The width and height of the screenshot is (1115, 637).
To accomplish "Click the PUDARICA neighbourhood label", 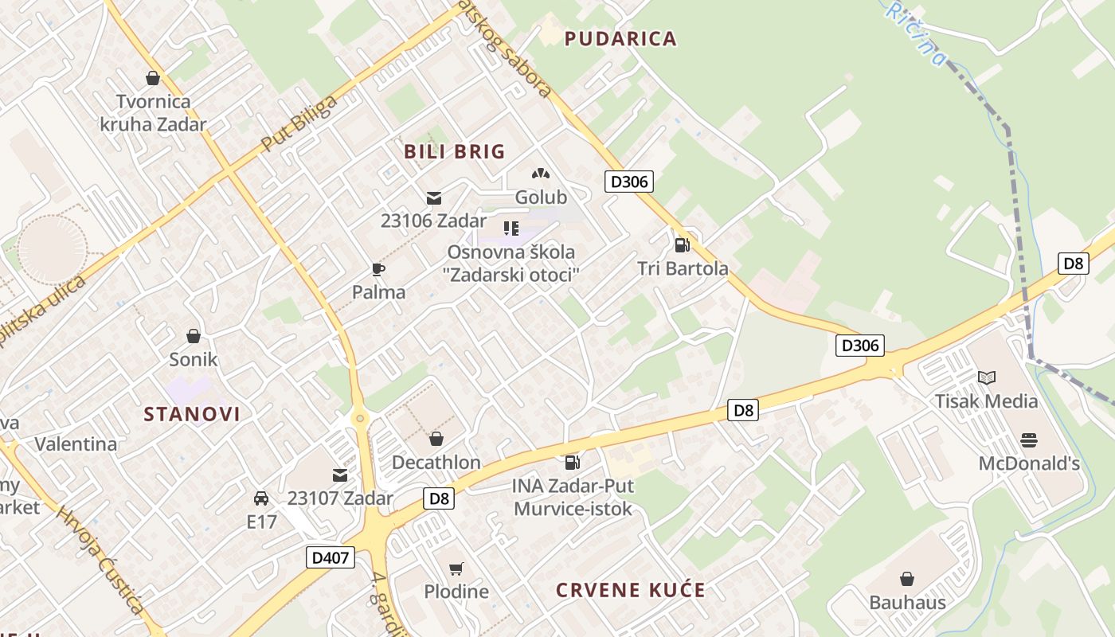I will (x=620, y=38).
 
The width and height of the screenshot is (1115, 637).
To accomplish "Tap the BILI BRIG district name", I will (x=455, y=151).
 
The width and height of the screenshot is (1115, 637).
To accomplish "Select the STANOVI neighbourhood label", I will (x=192, y=414).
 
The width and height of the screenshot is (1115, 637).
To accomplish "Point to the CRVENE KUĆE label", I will (x=631, y=590).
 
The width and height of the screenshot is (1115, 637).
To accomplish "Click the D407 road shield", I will (x=330, y=557).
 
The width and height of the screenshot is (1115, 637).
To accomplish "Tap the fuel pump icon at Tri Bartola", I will (x=682, y=245).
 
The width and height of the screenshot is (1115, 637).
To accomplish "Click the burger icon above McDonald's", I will (x=1028, y=440).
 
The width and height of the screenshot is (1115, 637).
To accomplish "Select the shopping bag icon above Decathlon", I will (x=436, y=439).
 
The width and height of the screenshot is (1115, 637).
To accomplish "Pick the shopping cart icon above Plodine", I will (x=456, y=569).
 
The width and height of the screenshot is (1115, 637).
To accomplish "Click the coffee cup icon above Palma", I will (x=378, y=269).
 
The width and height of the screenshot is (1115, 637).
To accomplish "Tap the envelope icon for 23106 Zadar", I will (x=433, y=198).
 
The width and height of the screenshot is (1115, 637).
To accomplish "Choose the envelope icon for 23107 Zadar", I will (x=340, y=475).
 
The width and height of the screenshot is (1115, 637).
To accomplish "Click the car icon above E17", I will (x=260, y=498).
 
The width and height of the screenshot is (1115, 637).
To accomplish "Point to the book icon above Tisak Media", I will (x=987, y=377).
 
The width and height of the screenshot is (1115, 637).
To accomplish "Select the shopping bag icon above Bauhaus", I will (x=907, y=579).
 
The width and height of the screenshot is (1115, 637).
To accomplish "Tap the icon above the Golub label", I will (x=541, y=174).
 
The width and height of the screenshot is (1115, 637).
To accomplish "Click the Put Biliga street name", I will (x=299, y=124).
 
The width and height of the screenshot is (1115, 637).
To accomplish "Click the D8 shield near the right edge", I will (x=1074, y=263).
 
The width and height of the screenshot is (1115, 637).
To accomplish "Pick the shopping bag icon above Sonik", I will (x=193, y=336).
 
